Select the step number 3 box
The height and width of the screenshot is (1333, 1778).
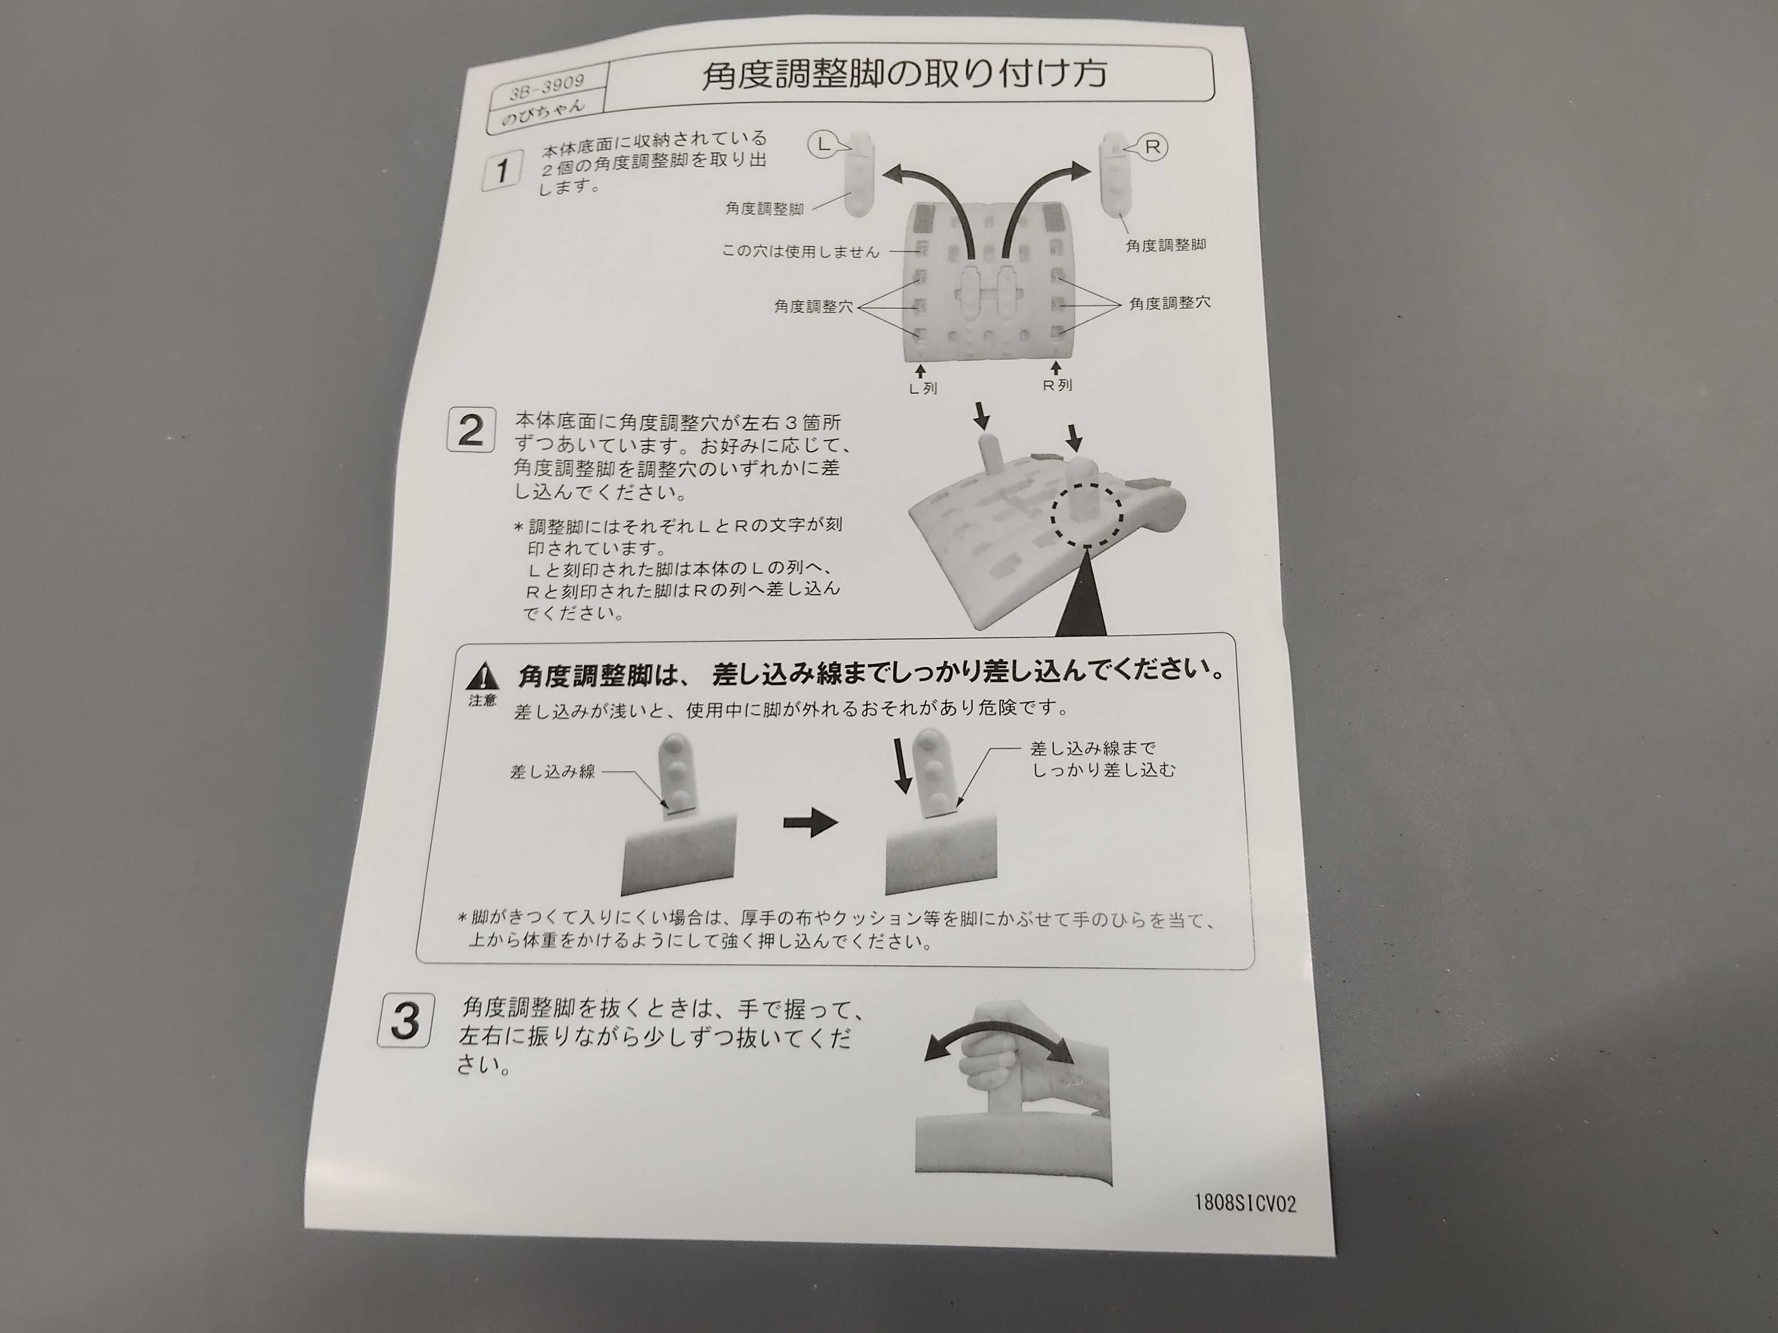406,1021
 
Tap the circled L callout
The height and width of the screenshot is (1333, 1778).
822,145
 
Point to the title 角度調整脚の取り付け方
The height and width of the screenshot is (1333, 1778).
904,74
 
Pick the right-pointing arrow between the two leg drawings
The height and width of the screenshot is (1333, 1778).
810,823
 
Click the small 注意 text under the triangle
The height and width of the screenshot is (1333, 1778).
482,700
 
